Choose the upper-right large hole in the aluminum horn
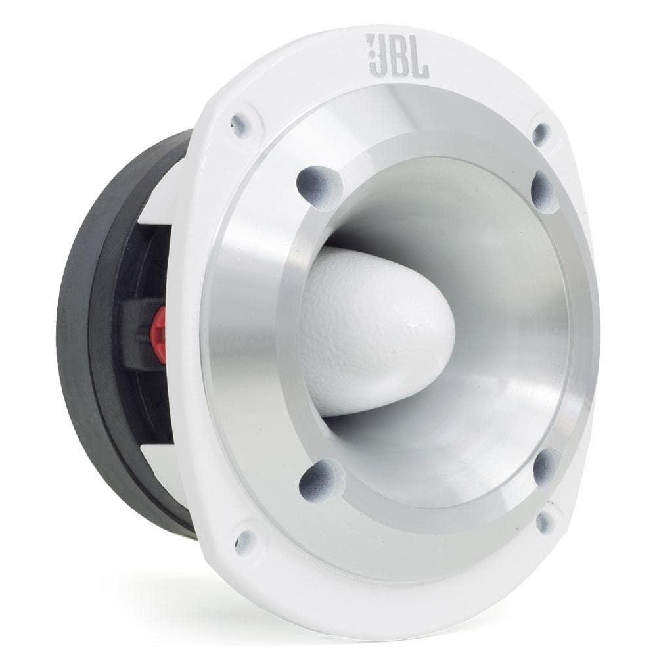[x=544, y=191]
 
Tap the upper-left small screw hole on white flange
[x=240, y=124]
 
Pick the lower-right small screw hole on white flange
[x=543, y=522]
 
